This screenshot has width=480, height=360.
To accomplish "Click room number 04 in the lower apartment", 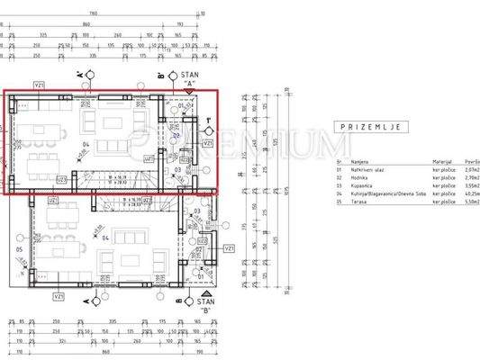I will tap(105, 238).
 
